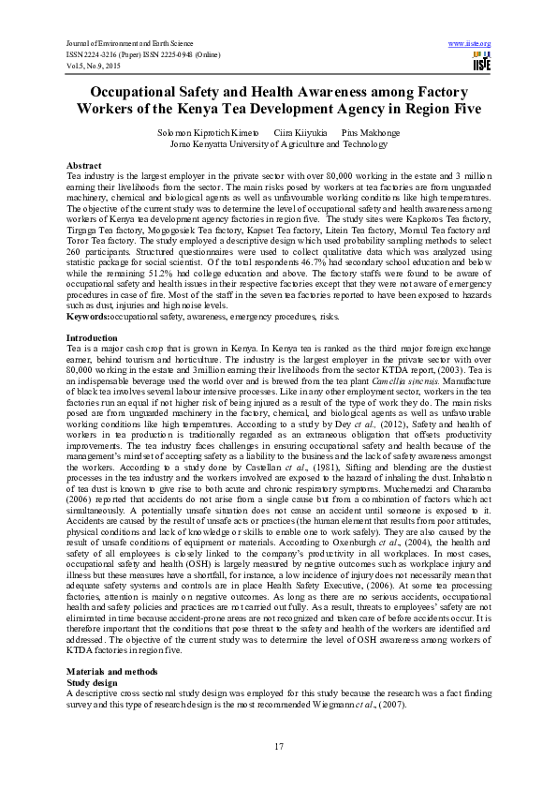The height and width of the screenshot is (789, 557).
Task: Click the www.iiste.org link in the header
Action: (x=470, y=44)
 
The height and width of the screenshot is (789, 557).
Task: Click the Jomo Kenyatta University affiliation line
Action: (x=278, y=145)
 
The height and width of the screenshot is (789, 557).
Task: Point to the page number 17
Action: (x=278, y=746)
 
